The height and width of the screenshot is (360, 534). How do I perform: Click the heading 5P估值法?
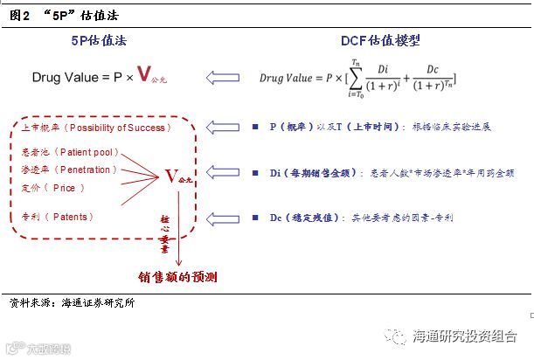pyautogui.click(x=103, y=41)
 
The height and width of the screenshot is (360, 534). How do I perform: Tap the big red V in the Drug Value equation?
pyautogui.click(x=146, y=75)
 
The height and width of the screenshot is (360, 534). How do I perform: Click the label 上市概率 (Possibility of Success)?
pyautogui.click(x=94, y=128)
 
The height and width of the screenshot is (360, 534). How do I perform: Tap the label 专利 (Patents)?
pyautogui.click(x=57, y=216)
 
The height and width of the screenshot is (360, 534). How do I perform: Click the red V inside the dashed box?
pyautogui.click(x=170, y=176)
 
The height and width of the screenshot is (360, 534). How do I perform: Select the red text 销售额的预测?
pyautogui.click(x=178, y=277)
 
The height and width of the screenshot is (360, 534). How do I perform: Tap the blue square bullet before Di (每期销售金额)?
pyautogui.click(x=254, y=174)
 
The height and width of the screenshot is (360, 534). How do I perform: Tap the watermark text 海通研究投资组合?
pyautogui.click(x=463, y=336)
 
